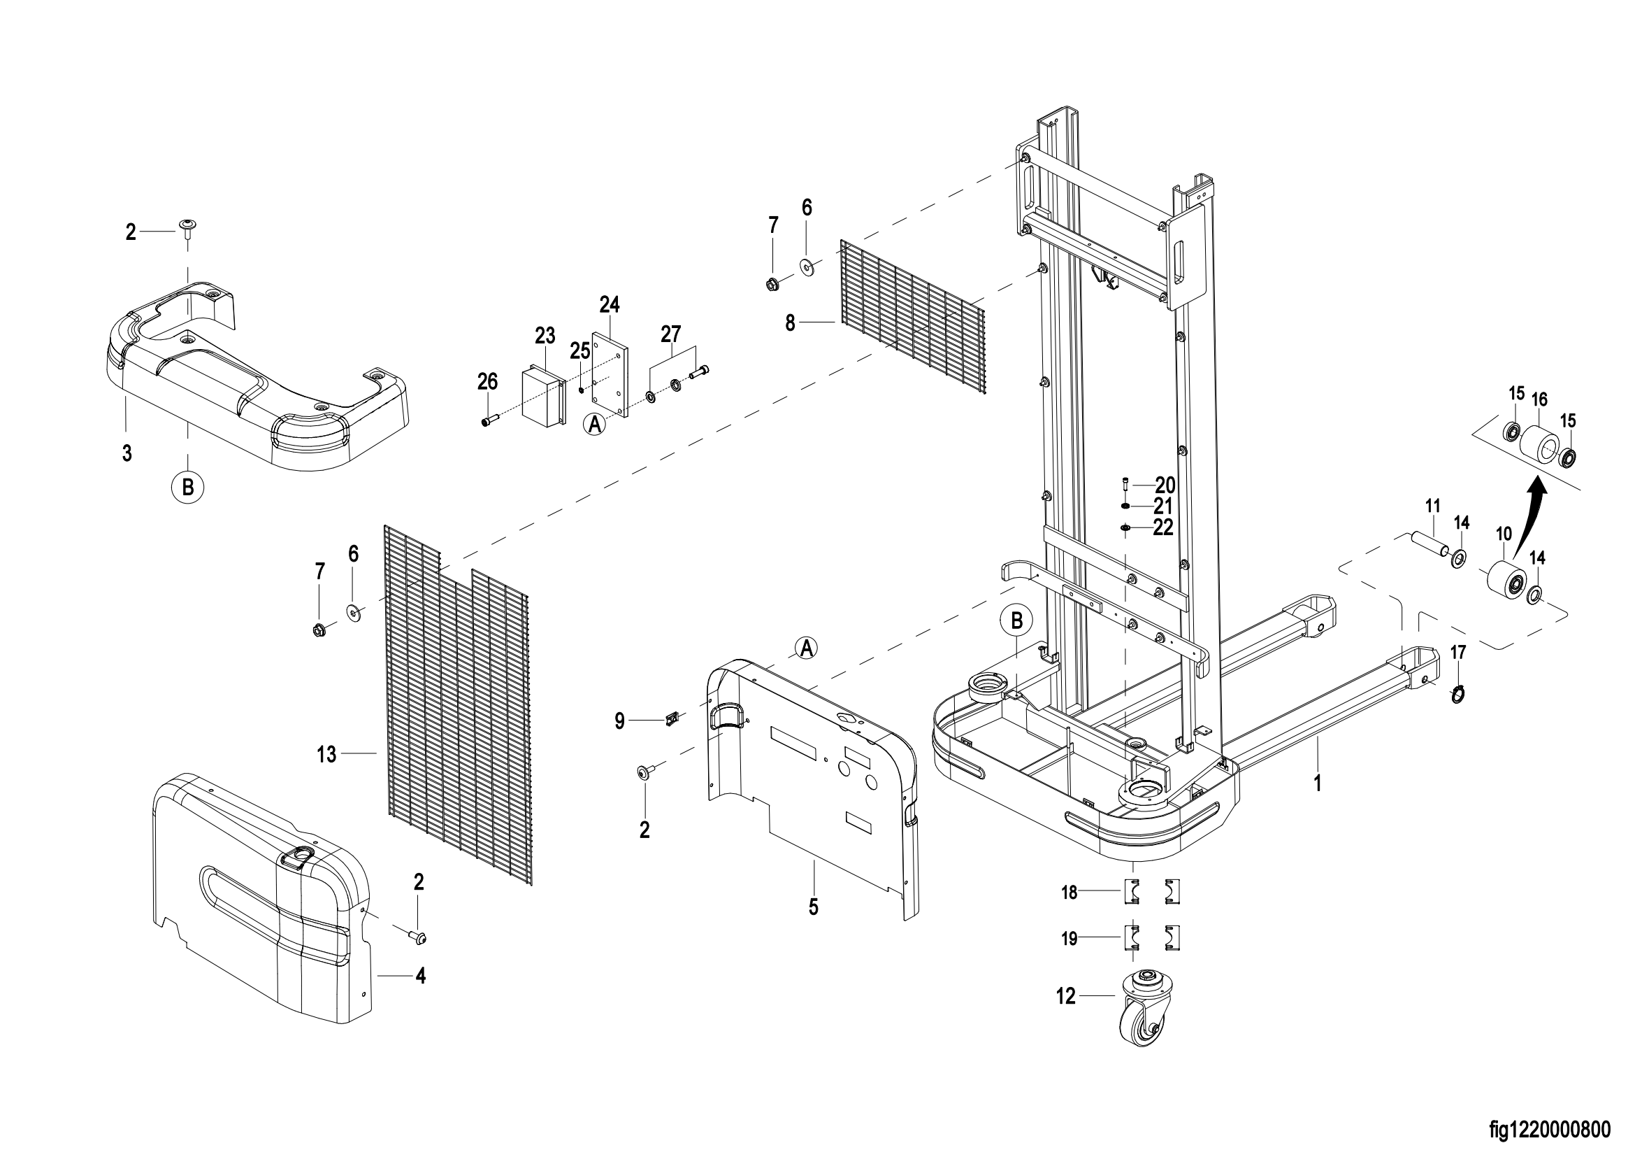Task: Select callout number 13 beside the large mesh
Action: [326, 755]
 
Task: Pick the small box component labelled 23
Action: [545, 396]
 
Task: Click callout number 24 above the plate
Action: [610, 305]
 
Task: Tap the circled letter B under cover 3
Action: [188, 488]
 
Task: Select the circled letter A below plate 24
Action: [596, 425]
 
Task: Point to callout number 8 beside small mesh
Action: [790, 323]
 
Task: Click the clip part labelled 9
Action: [670, 721]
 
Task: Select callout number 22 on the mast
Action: [1163, 527]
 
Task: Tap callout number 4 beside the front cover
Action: [421, 975]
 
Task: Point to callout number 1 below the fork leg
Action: [1318, 783]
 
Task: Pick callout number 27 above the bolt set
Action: [671, 334]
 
